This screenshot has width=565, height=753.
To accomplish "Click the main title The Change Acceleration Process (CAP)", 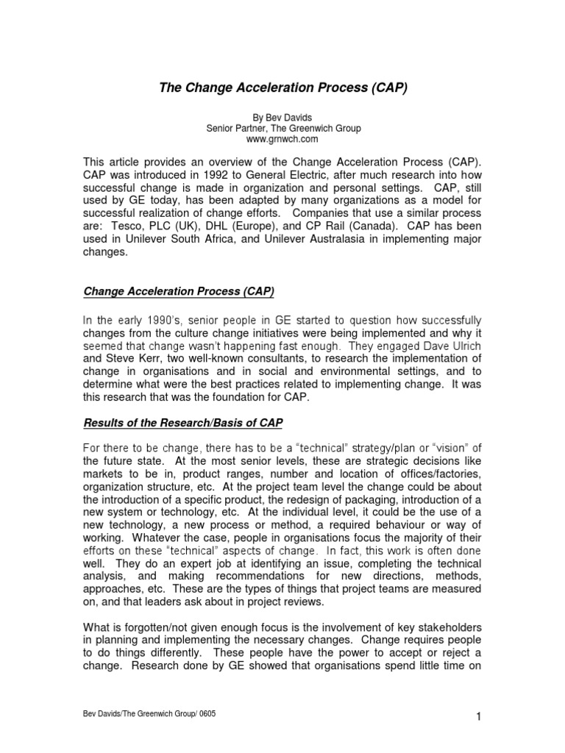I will pyautogui.click(x=283, y=88).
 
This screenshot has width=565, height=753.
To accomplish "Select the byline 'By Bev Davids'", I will pyautogui.click(x=282, y=117).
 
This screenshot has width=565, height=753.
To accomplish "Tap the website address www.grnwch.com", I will pyautogui.click(x=282, y=139).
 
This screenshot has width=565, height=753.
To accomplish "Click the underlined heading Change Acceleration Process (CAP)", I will pyautogui.click(x=178, y=292).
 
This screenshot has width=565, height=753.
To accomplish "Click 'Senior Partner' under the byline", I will pyautogui.click(x=233, y=128).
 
